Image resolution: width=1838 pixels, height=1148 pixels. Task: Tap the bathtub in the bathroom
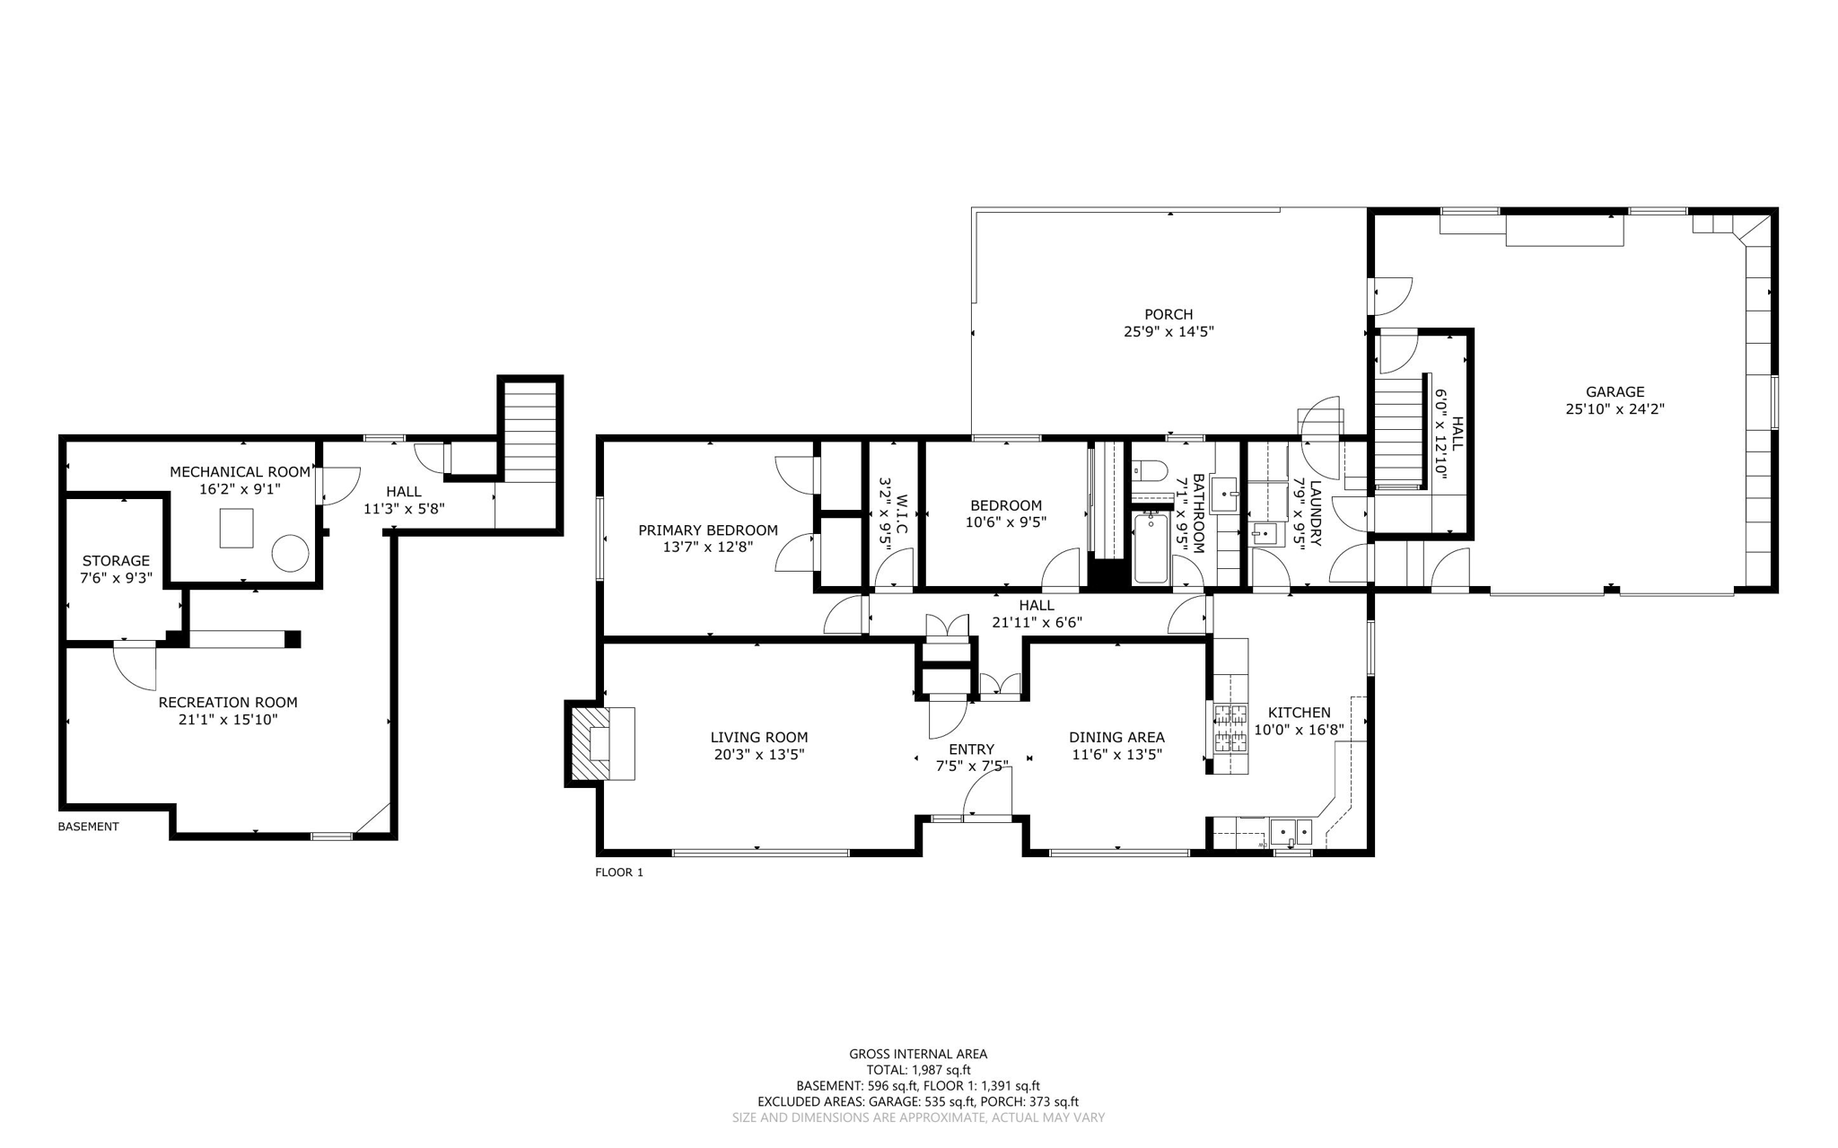coord(1151,548)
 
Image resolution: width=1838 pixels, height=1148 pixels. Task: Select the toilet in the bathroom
coord(1148,469)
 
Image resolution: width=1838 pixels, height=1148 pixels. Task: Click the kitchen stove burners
coord(1230,728)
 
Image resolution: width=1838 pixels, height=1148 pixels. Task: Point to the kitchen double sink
coord(1291,832)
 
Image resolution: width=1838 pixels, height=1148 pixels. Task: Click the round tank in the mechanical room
coord(290,553)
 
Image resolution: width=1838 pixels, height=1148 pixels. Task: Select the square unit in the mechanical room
coord(237,528)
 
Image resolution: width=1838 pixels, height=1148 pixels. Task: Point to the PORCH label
coord(1168,314)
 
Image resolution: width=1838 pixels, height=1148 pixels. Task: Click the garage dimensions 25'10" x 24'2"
coord(1615,408)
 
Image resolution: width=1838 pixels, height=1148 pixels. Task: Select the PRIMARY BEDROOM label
coord(707,530)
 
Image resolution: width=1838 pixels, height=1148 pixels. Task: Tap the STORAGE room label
coord(116,561)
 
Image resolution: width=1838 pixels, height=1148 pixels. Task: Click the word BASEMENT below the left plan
coord(88,827)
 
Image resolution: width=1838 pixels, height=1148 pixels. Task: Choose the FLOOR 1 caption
coord(619,872)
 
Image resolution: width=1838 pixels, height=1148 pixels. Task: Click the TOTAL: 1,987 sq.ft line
coord(918,1070)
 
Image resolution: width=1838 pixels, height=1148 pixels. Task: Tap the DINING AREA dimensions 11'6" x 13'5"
coord(1116,755)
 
